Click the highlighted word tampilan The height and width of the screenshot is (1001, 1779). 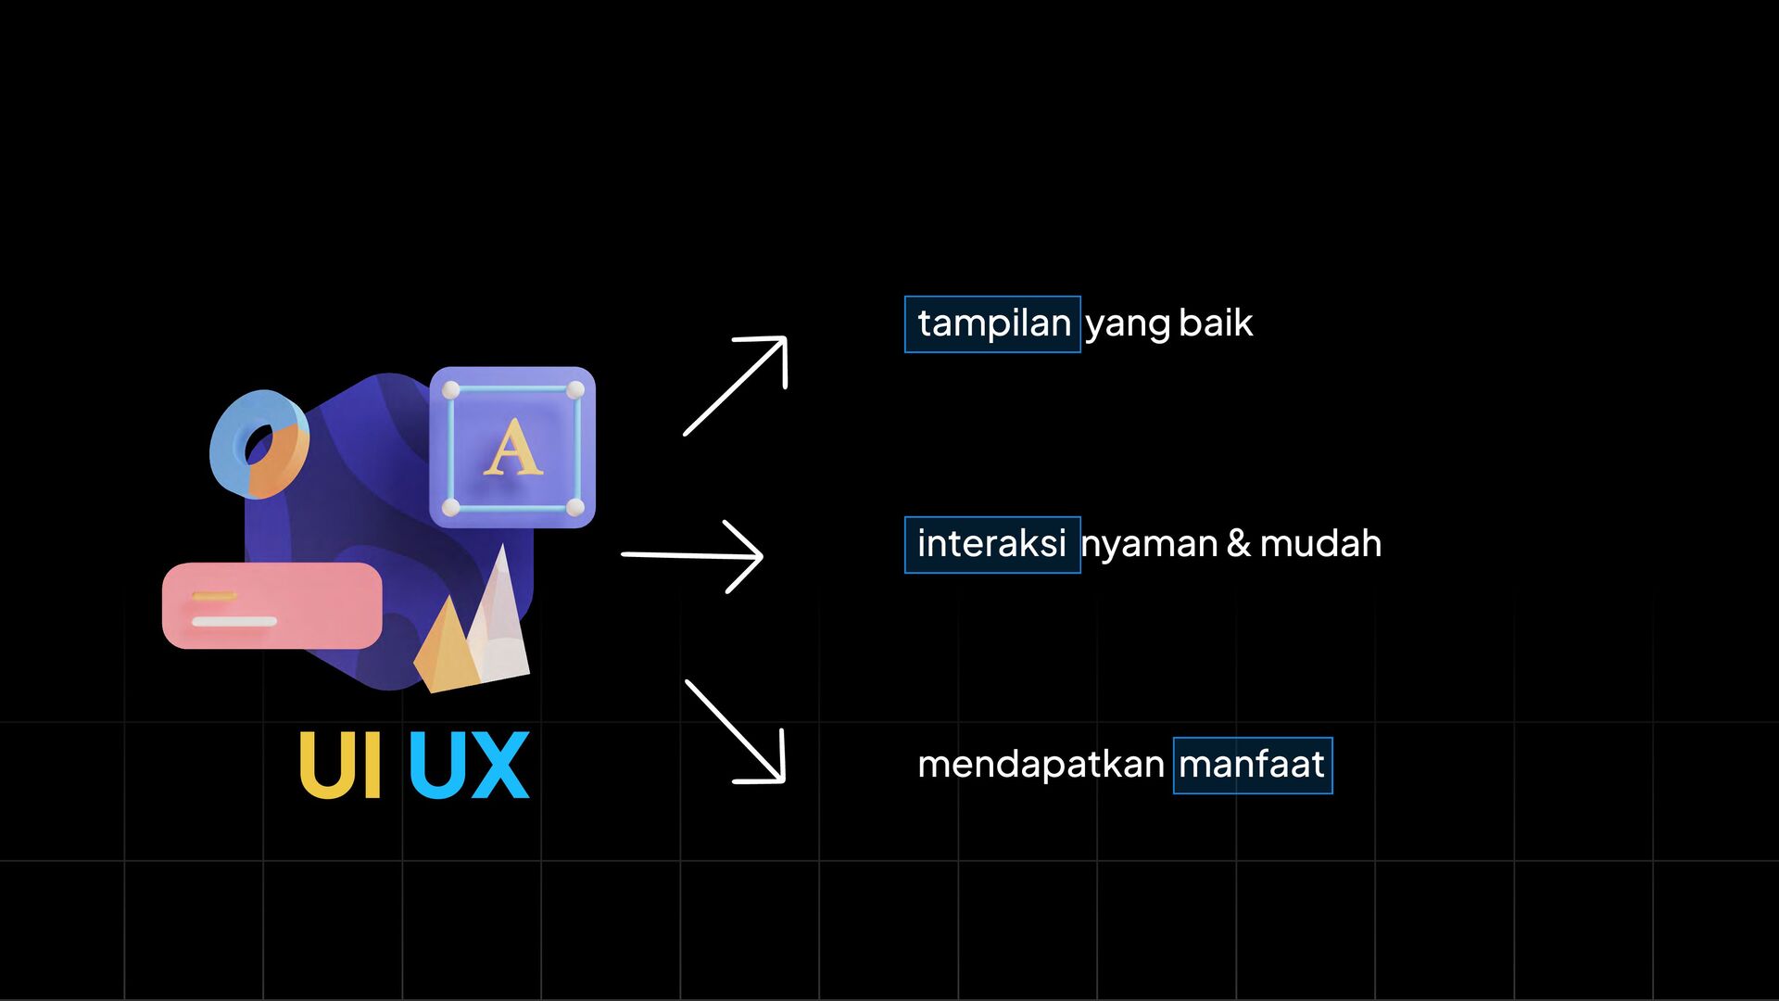tap(993, 323)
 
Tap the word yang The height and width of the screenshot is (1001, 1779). tap(1128, 324)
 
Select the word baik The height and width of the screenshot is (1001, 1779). tap(1216, 323)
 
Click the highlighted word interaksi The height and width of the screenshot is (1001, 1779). tap(991, 544)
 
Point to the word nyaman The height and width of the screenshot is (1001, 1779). tap(1149, 544)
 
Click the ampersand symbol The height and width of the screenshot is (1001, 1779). tap(1238, 543)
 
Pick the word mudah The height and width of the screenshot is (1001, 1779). tap(1320, 543)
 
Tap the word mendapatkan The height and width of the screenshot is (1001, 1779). tap(1041, 765)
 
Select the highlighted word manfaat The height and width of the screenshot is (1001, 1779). tap(1252, 765)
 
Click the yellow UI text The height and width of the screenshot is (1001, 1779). tap(339, 765)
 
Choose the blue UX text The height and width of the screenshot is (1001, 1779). tap(469, 765)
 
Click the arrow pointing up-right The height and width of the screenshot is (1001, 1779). tap(737, 385)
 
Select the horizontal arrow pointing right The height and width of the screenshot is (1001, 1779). tap(693, 555)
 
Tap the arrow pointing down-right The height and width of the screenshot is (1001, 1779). tap(737, 732)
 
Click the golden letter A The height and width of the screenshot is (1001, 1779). tap(512, 449)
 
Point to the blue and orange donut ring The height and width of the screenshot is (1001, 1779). tap(259, 444)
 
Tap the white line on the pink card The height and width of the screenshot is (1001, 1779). tap(234, 621)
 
